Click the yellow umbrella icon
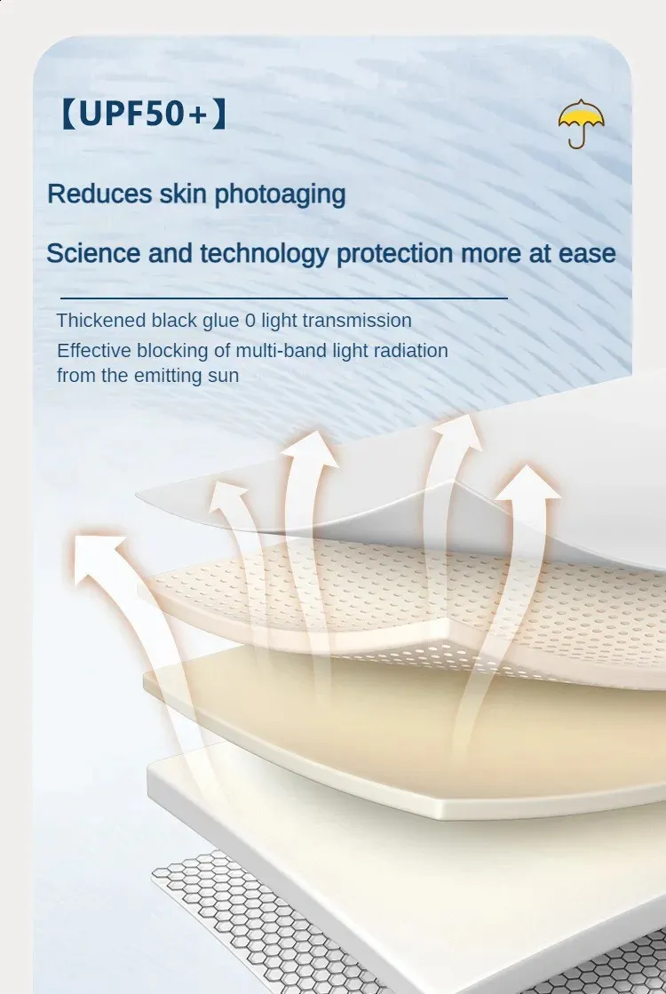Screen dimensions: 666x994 pyautogui.click(x=581, y=123)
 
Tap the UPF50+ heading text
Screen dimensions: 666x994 pyautogui.click(x=143, y=114)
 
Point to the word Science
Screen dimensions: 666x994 pyautogui.click(x=92, y=253)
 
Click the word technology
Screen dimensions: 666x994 pyautogui.click(x=265, y=254)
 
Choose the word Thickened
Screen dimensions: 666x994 pyautogui.click(x=100, y=320)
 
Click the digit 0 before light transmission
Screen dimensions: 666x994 pyautogui.click(x=250, y=321)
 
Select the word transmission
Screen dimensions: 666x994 pyautogui.click(x=357, y=321)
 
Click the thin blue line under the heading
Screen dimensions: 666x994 pyautogui.click(x=284, y=298)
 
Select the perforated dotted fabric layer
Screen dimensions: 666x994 pyautogui.click(x=406, y=602)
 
